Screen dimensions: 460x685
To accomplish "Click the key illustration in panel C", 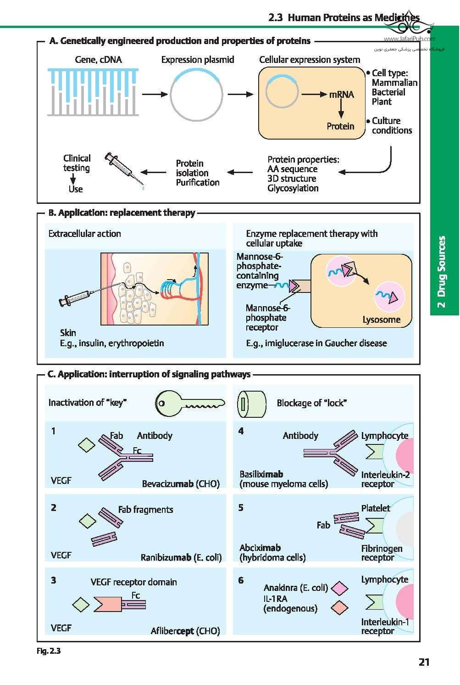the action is (x=190, y=404).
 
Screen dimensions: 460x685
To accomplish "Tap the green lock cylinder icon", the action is (x=252, y=404).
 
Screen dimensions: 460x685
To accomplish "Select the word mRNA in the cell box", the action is (x=342, y=95).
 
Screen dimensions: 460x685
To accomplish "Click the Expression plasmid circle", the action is (x=196, y=95).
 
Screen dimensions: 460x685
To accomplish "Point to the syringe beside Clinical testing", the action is (x=124, y=170).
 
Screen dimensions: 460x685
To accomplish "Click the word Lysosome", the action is (x=382, y=320).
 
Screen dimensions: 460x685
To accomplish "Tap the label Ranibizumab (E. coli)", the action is (x=181, y=557).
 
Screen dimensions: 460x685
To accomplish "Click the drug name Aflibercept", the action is (x=172, y=631).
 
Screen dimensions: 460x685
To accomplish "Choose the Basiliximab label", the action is (x=261, y=474).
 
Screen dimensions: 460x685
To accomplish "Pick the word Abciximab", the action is (x=260, y=548).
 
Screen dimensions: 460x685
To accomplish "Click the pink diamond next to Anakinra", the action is (x=340, y=588).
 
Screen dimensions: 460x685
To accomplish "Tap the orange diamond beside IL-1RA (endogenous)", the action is (x=340, y=607).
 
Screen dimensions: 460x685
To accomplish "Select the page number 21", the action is (x=424, y=663).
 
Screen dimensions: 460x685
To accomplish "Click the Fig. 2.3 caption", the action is (x=49, y=651).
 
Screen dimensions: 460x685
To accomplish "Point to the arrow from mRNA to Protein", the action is (x=341, y=109).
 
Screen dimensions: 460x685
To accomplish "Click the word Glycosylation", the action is (x=293, y=188).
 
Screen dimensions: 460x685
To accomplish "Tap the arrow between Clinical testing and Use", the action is (x=73, y=179).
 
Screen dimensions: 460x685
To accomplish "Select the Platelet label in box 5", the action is (x=376, y=508).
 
